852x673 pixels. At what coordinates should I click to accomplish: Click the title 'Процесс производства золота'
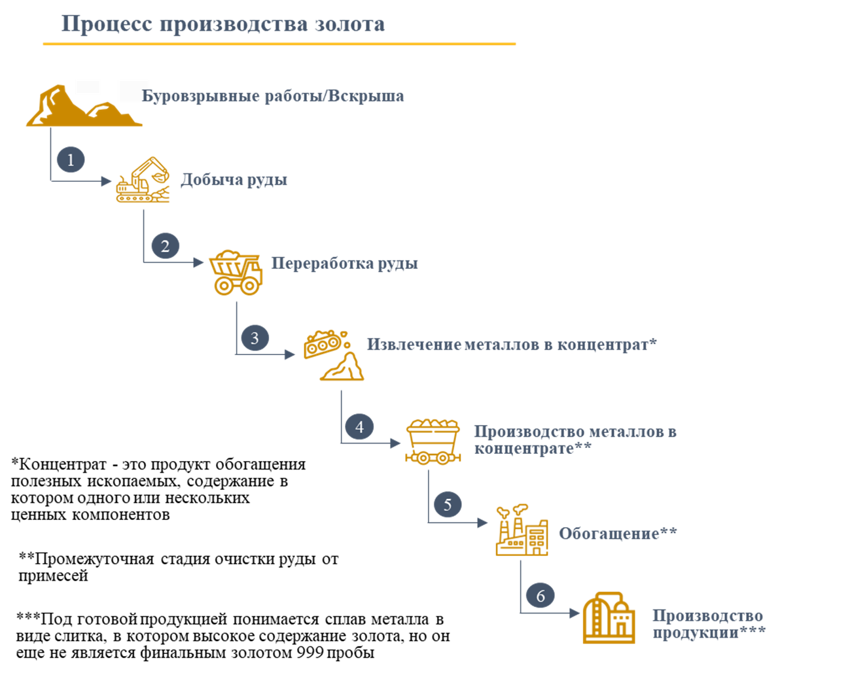[x=222, y=24]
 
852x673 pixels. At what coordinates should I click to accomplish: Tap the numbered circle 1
[x=71, y=160]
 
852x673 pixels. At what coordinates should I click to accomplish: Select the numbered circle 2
[x=165, y=246]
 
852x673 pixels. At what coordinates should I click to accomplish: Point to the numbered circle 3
[x=255, y=338]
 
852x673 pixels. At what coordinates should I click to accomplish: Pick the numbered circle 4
[x=359, y=427]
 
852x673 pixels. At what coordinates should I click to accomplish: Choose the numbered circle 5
[x=448, y=504]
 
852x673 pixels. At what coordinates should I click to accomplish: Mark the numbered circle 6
[x=541, y=596]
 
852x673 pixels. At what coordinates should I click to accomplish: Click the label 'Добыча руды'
[x=234, y=180]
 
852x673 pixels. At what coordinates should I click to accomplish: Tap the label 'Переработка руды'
[x=345, y=264]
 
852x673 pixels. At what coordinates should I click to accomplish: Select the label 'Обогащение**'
[x=617, y=534]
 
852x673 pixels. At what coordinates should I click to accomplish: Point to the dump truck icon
[x=236, y=271]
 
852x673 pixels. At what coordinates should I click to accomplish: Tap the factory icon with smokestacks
[x=521, y=530]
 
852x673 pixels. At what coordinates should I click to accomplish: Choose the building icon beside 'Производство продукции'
[x=609, y=618]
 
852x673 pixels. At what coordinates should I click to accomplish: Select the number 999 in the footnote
[x=310, y=653]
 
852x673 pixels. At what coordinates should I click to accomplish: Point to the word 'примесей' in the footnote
[x=53, y=576]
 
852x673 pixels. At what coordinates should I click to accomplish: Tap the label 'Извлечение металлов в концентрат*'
[x=511, y=345]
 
